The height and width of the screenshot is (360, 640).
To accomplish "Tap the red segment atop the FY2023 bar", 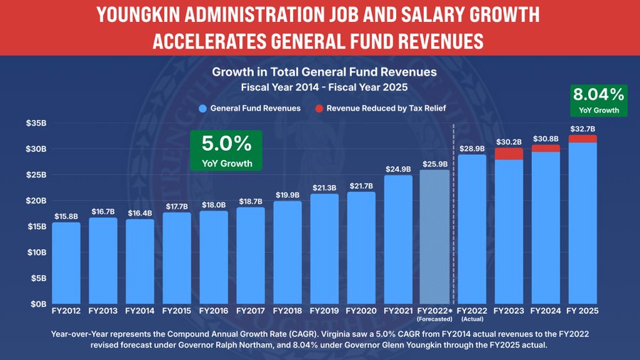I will click(508, 154).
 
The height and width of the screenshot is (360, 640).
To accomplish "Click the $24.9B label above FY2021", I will click(398, 169).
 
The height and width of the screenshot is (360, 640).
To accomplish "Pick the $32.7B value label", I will click(582, 129).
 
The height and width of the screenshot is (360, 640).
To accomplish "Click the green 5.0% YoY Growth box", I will click(227, 149).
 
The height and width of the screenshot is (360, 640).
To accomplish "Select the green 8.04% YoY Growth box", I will click(597, 100).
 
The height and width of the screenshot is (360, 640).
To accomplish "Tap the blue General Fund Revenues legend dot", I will click(203, 108).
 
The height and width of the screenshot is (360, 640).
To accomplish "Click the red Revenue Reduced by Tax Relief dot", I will click(319, 108).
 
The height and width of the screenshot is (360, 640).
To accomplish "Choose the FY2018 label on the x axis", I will click(287, 310).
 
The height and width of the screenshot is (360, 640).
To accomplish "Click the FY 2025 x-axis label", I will click(582, 310).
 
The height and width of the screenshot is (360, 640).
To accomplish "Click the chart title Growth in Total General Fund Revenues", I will click(324, 72).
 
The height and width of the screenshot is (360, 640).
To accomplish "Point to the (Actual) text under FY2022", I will click(471, 319).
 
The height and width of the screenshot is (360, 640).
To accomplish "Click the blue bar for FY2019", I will click(324, 248).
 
